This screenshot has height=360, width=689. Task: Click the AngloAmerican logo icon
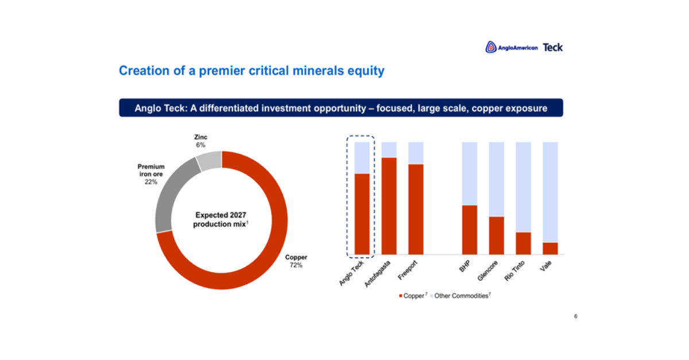click(x=491, y=47)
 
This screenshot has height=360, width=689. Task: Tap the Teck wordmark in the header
click(x=553, y=48)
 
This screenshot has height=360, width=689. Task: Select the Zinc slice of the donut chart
click(x=209, y=161)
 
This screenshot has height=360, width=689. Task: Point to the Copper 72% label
click(x=296, y=261)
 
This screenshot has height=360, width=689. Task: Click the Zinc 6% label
click(x=200, y=141)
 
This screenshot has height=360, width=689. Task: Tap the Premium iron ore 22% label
click(x=151, y=174)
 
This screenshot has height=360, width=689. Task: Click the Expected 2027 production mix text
click(x=220, y=219)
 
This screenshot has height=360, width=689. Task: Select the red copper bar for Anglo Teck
click(x=362, y=214)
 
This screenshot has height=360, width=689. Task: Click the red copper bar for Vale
click(x=550, y=249)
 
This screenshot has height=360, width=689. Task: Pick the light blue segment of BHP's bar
click(x=470, y=173)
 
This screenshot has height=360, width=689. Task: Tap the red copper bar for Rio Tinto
click(x=524, y=243)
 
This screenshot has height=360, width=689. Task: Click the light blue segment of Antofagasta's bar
click(x=389, y=150)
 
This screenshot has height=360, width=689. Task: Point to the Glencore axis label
click(x=487, y=271)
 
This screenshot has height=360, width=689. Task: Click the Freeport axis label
click(x=408, y=270)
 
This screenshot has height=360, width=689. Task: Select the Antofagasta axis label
click(x=377, y=274)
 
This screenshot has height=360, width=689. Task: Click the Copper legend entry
click(x=413, y=296)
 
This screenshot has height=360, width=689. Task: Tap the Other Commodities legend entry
click(x=460, y=296)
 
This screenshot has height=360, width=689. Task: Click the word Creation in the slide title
click(x=144, y=71)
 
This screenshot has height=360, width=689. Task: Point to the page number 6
click(x=575, y=316)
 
